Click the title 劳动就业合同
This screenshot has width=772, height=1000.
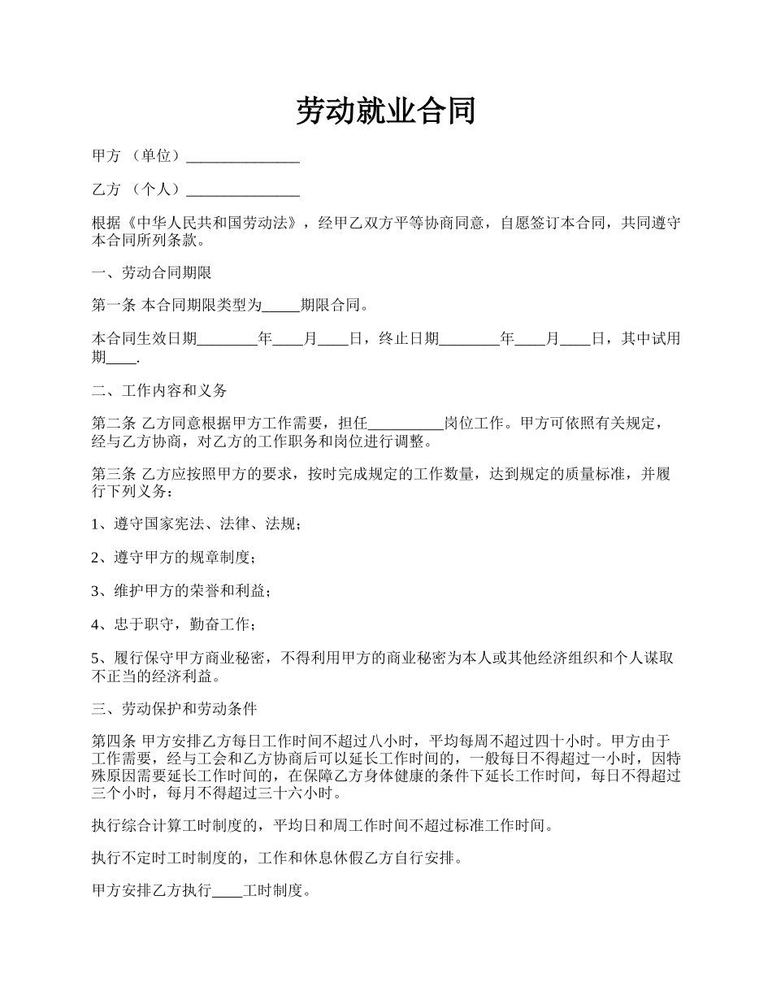[385, 111]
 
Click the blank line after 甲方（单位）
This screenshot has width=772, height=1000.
[243, 157]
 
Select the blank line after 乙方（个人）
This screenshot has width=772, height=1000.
[243, 190]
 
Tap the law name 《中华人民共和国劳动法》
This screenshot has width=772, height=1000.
[209, 224]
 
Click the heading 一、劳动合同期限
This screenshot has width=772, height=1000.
[152, 273]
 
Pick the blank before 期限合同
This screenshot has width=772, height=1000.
[282, 307]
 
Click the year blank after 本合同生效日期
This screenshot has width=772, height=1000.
[228, 339]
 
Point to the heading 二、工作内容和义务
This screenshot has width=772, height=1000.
[160, 390]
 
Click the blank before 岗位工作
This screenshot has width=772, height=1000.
[406, 424]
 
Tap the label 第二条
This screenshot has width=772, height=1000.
[113, 424]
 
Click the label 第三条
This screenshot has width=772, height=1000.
[113, 474]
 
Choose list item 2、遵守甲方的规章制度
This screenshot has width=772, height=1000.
[175, 558]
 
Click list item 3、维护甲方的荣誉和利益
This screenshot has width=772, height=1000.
[182, 591]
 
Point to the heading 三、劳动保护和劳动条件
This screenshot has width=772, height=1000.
[175, 709]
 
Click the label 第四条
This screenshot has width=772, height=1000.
[113, 741]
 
